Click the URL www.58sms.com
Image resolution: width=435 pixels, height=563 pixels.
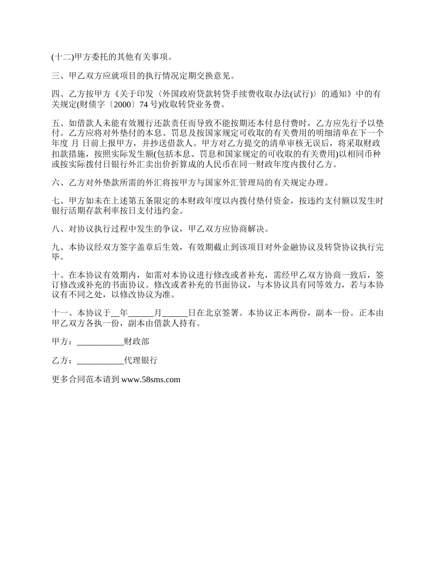pyautogui.click(x=151, y=379)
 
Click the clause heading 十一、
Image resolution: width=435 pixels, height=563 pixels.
pyautogui.click(x=64, y=314)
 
